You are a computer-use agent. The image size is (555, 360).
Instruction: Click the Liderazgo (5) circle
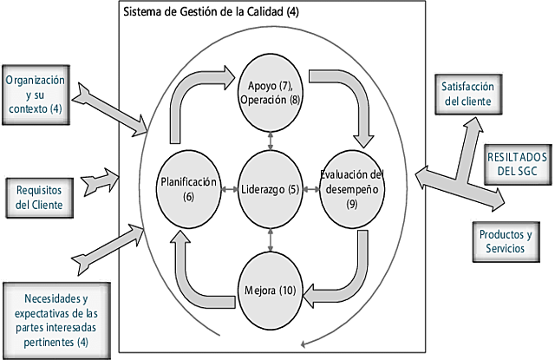click(x=271, y=189)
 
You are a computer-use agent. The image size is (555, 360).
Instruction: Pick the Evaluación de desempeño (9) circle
click(x=351, y=189)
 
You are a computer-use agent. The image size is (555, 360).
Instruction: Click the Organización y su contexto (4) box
click(x=34, y=93)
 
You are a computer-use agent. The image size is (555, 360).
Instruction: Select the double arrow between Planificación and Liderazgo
click(x=229, y=189)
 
